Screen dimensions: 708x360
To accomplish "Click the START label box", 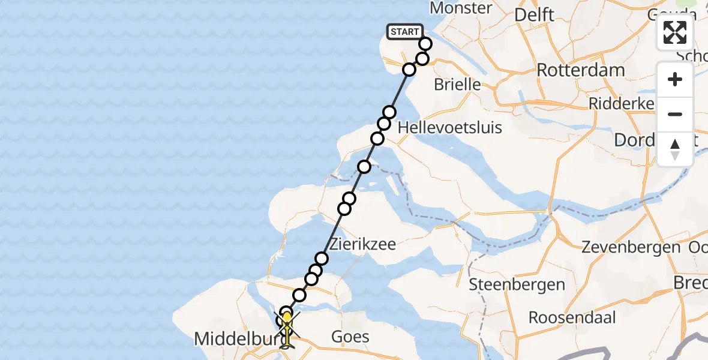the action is pyautogui.click(x=405, y=32).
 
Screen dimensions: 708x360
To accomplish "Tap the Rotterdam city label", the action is pyautogui.click(x=580, y=70).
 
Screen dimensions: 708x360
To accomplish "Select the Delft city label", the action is pyautogui.click(x=535, y=14).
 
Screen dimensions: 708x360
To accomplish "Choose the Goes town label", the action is pyautogui.click(x=350, y=337).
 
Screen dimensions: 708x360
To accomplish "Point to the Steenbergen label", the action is pyautogui.click(x=517, y=284).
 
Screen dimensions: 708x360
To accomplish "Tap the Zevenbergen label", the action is pyautogui.click(x=631, y=247).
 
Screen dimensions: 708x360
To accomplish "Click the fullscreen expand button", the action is pyautogui.click(x=675, y=32).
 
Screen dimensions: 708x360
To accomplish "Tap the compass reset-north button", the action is pyautogui.click(x=675, y=149).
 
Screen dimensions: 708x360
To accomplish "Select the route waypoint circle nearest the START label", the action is pyautogui.click(x=425, y=44).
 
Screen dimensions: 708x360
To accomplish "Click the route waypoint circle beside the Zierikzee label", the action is pyautogui.click(x=322, y=259).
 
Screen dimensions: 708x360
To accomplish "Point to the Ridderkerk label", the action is pyautogui.click(x=621, y=103).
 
